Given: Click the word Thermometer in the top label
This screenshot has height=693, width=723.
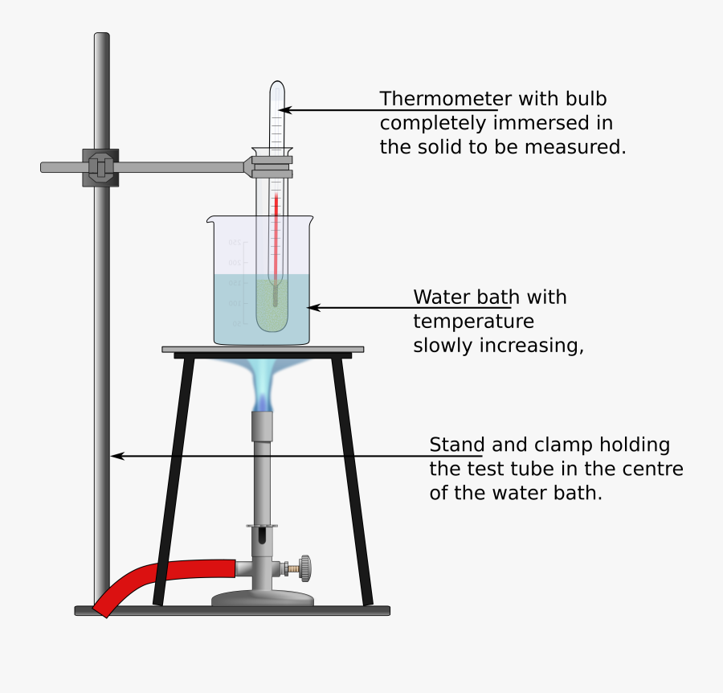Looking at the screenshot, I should coord(444,99).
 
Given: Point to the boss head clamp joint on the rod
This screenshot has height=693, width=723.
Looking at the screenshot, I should coord(100,167).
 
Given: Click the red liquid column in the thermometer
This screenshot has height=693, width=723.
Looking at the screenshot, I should coord(275,233).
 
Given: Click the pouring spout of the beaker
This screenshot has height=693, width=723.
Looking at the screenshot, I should coord(211,219).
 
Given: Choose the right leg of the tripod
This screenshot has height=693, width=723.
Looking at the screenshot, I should coord(353,482).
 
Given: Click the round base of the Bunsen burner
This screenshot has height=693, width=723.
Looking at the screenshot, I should coord(263,598).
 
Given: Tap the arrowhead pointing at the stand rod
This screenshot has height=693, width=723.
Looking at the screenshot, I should coord(116,456).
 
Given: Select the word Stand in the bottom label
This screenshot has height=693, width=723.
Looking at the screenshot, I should coord(457,445).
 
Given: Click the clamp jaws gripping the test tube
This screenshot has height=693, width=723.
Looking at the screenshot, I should coord(272,167).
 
